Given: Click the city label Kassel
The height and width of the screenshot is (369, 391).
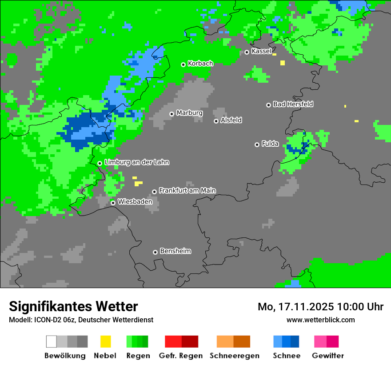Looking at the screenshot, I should point(261,51).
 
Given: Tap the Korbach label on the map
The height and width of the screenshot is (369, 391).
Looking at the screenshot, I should point(200,64).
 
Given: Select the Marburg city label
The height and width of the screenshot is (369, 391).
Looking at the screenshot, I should point(189,113).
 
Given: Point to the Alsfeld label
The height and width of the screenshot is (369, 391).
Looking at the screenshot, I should point(231,120).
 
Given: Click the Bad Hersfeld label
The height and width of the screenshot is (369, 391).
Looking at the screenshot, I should point(293,104).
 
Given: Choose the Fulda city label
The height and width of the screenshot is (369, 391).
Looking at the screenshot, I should point(270,144).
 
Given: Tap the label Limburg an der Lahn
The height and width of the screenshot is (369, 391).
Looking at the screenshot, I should point(136,162).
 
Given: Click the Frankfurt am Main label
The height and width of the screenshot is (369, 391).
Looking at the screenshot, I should point(187,190).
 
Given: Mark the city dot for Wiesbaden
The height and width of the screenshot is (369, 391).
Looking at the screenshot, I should point(113,203).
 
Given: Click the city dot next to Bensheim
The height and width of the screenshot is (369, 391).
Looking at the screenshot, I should point(155,252).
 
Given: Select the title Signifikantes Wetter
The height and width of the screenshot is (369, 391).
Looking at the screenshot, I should point(73,306).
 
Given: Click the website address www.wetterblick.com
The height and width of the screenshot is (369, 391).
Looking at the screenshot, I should point(320,320).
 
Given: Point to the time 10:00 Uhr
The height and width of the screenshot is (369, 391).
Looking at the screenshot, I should point(360,307).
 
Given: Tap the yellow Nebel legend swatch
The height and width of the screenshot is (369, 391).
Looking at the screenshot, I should point(105,341).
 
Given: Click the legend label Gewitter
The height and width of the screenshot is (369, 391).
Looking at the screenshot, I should point(328,356).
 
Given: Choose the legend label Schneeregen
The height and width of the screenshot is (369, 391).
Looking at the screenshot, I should point(235,356).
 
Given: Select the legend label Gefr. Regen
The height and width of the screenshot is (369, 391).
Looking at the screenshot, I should point(181,356).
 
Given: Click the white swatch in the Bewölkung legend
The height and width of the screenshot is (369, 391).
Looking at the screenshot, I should point(52,341).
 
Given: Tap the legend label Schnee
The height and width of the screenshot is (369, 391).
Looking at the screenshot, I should point(287,356).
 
